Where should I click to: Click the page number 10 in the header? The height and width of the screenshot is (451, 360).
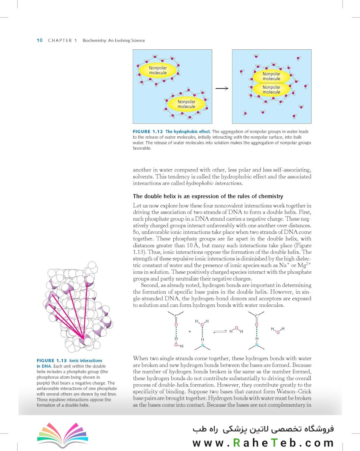[40, 41]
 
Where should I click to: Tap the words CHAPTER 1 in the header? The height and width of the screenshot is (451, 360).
[63, 41]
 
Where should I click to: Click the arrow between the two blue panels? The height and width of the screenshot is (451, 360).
[223, 88]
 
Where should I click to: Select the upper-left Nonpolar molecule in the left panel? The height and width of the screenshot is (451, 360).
[158, 70]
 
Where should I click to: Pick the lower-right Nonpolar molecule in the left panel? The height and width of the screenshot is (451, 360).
[186, 104]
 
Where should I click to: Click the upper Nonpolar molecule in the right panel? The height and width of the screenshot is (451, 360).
[271, 76]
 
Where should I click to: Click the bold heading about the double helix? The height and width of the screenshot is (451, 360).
[208, 196]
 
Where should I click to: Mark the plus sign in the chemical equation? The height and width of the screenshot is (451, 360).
[189, 331]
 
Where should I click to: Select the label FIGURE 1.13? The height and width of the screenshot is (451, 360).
[52, 361]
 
